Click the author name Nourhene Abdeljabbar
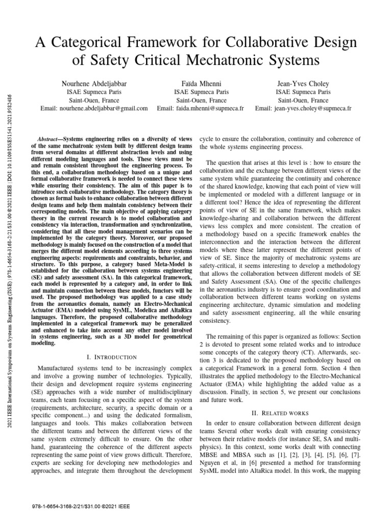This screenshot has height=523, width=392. click(94, 83)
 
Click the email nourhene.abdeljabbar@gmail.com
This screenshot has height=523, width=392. click(94, 108)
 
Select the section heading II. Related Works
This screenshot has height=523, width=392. click(280, 412)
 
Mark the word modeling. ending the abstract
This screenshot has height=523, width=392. click(46, 344)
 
